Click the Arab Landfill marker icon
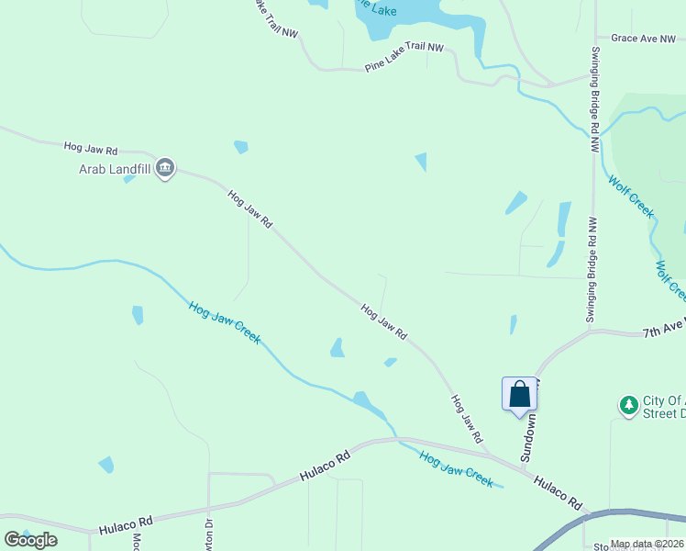[x=165, y=168]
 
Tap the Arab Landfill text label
[x=113, y=168]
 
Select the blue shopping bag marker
[x=519, y=394]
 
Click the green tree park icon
[x=628, y=404]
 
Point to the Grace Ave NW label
[x=642, y=39]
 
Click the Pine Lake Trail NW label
[x=404, y=58]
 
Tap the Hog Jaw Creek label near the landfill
[x=225, y=322]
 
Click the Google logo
[x=31, y=539]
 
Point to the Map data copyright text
[x=647, y=545]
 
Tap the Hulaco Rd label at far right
[x=559, y=494]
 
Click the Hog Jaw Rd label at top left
[x=91, y=148]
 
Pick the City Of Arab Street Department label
[x=662, y=407]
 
